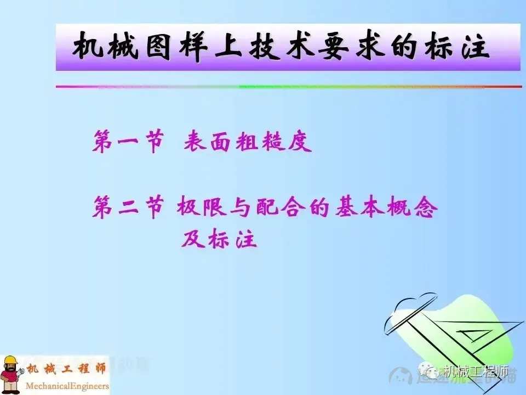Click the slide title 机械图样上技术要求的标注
pyautogui.click(x=281, y=47)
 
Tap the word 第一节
pyautogui.click(x=128, y=142)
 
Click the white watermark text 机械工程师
pyautogui.click(x=476, y=373)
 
